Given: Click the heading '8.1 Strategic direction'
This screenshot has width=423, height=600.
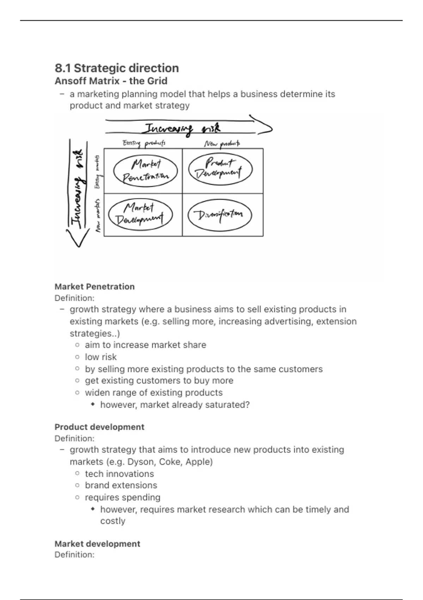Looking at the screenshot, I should point(117,68).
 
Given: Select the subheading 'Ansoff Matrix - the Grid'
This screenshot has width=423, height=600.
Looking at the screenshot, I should point(111,81).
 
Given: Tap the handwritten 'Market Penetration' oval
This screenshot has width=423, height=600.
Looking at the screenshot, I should point(145,171).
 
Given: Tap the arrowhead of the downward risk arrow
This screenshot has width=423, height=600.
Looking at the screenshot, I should point(78,239).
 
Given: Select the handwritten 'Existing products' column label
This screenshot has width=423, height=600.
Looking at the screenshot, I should point(144,143).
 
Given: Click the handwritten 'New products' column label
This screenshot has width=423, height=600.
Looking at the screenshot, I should point(222,144).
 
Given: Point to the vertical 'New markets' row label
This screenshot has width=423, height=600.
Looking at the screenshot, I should point(98,215).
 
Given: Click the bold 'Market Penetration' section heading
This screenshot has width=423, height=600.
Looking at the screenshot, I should point(94,287).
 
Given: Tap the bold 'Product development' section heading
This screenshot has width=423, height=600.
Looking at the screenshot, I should point(99,427).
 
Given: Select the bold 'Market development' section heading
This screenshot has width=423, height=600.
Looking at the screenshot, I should point(97,544).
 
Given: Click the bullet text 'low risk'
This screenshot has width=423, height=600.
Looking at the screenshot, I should point(100,357).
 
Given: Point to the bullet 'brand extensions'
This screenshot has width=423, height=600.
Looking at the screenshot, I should point(121,485).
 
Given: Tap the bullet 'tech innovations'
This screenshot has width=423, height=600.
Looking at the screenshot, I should point(119,474).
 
